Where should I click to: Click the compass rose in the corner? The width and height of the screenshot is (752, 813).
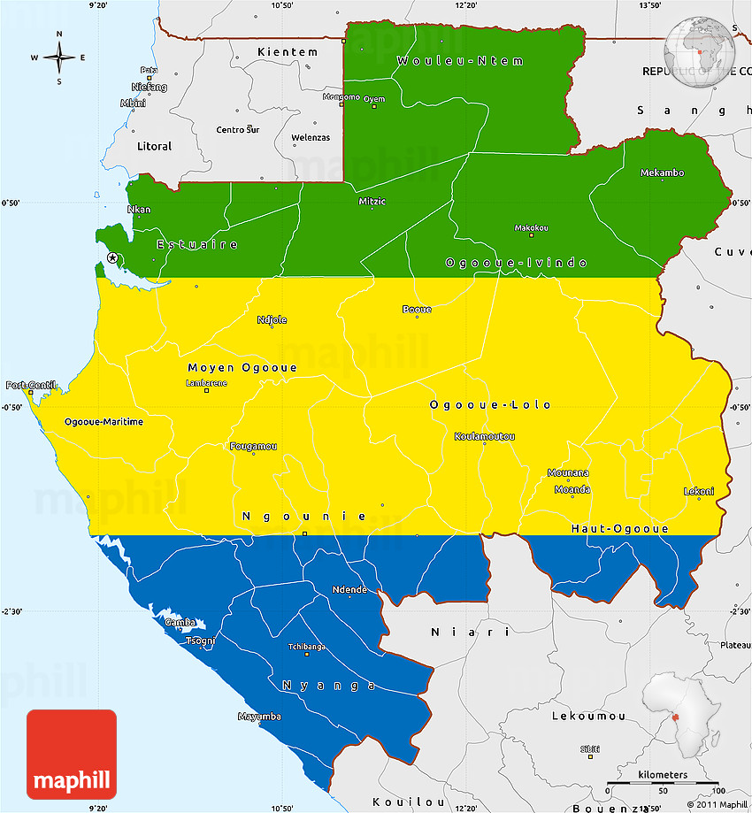[58, 58]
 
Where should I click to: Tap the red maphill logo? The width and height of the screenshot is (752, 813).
[72, 754]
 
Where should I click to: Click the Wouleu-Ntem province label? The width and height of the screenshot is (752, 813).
[460, 61]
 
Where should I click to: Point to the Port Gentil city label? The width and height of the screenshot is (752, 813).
[31, 386]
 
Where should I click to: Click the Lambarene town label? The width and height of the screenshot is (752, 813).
[206, 383]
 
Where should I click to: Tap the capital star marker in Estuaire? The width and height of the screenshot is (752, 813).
[112, 257]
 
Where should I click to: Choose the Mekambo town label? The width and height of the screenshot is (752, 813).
[662, 173]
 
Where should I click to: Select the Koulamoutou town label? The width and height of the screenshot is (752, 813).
[484, 437]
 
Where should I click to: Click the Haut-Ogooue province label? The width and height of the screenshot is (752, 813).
[619, 528]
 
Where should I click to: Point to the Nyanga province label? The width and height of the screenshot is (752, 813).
[329, 685]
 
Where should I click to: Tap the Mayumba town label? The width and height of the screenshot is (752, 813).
[259, 716]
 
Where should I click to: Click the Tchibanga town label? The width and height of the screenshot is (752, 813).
[307, 647]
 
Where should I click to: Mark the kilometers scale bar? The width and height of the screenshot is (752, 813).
[663, 786]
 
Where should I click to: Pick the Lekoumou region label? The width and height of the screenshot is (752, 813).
[588, 716]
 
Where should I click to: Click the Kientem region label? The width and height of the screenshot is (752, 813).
[288, 52]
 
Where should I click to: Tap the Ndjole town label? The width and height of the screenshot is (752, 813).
[272, 320]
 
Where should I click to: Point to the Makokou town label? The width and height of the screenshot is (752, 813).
[531, 228]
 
